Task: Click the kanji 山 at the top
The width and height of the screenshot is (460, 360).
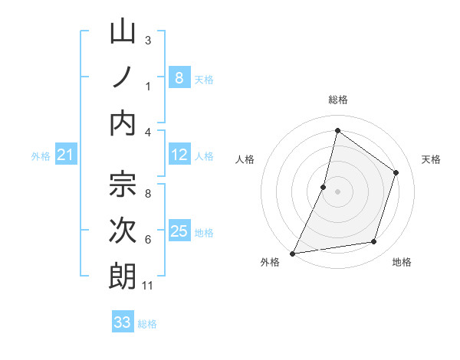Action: click(x=123, y=32)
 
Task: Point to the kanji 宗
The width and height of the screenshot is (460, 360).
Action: click(x=123, y=185)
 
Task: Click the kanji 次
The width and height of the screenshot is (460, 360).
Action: click(x=123, y=231)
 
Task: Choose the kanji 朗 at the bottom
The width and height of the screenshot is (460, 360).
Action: click(x=123, y=277)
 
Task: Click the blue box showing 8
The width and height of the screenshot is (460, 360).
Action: click(x=179, y=77)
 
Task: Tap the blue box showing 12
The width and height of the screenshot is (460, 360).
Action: click(x=179, y=155)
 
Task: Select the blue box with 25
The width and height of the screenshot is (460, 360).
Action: click(x=179, y=231)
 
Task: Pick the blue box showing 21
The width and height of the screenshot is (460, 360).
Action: click(x=66, y=155)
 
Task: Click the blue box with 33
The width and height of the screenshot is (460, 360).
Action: click(x=123, y=322)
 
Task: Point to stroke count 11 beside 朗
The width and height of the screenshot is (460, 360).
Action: click(x=148, y=286)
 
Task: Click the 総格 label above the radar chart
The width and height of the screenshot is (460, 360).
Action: click(x=337, y=100)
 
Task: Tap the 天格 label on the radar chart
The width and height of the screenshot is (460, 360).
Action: click(x=431, y=159)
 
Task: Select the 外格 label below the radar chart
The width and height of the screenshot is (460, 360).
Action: click(x=270, y=263)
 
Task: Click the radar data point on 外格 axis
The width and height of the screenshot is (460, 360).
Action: click(x=292, y=254)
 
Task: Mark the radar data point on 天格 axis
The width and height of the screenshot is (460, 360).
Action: click(x=396, y=172)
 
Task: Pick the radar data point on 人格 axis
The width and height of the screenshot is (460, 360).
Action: click(x=324, y=187)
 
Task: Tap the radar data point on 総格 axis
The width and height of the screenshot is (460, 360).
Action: click(x=337, y=130)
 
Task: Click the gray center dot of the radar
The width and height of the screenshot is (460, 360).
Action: click(x=337, y=191)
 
